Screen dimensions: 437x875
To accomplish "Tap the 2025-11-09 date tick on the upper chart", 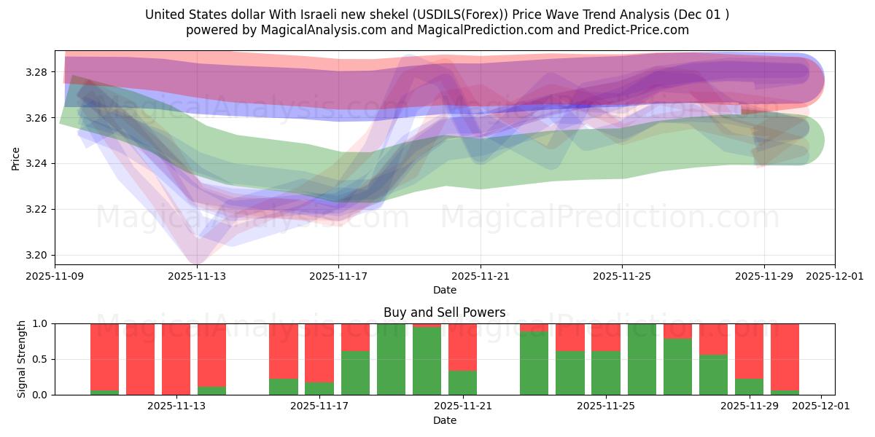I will [x=55, y=276].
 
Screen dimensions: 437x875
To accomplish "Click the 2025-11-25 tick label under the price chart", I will [x=622, y=276].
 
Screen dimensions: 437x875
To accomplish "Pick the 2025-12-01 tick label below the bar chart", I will [x=821, y=406].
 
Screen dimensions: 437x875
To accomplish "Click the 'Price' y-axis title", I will [x=16, y=157].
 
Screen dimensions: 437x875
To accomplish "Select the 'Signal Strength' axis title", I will [x=22, y=358].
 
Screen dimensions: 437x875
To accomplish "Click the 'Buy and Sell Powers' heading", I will [x=444, y=312].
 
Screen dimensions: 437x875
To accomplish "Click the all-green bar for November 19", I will [x=391, y=359].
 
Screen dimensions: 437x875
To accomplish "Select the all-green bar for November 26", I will [x=642, y=359].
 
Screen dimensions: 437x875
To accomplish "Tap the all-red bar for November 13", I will [x=176, y=359].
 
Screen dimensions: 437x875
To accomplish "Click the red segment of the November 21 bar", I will [x=462, y=347].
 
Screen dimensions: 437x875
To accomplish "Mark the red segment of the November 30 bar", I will [x=785, y=357].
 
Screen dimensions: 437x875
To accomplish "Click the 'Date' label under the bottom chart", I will [x=444, y=420].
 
